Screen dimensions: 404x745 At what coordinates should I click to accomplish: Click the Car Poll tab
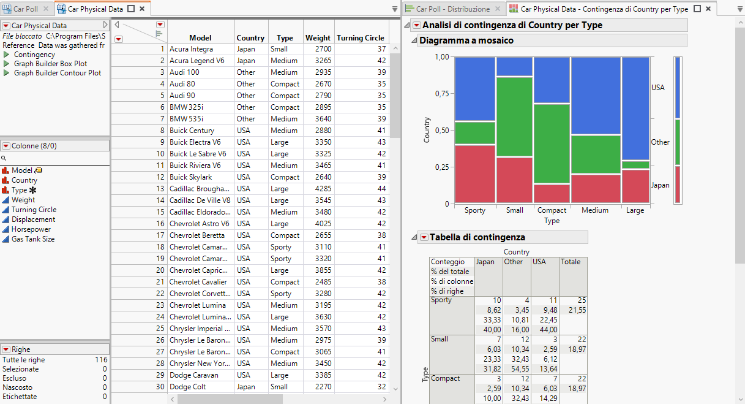click(25, 9)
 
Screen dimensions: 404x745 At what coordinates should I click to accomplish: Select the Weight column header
click(318, 38)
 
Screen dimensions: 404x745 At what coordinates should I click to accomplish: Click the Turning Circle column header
click(360, 38)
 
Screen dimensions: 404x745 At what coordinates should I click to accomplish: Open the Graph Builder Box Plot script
click(50, 64)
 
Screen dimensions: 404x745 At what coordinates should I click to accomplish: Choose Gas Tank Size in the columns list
click(33, 239)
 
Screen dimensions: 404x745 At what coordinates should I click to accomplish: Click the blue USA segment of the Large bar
click(636, 108)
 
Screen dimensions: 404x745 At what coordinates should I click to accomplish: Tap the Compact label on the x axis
click(552, 210)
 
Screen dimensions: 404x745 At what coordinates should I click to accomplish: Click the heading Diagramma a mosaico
click(466, 40)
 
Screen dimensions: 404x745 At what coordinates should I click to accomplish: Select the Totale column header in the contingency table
click(571, 262)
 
